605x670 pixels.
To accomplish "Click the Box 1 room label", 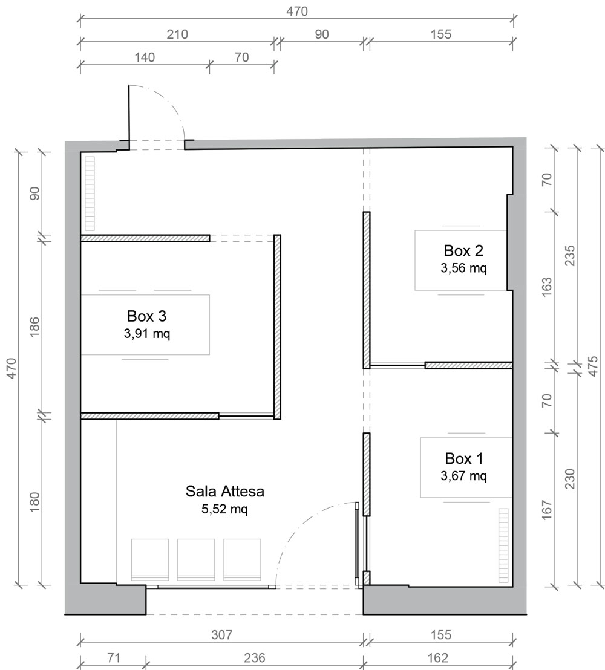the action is point(464,458).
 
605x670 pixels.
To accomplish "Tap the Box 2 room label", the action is point(463,250).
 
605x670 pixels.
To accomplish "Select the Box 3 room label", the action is point(146,316).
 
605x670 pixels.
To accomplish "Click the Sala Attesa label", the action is point(225,492).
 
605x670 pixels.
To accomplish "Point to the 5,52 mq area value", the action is point(225,509).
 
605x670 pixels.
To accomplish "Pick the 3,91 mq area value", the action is point(147,334).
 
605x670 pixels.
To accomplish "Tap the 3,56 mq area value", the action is point(464,268).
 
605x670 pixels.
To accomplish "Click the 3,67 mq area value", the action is point(464,475).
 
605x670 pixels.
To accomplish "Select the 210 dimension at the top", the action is point(177,34).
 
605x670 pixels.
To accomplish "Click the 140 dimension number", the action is point(145,57).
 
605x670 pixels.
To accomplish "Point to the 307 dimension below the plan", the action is point(222,635).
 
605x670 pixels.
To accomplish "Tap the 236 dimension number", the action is point(254,658).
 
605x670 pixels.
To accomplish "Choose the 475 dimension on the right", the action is point(594,366).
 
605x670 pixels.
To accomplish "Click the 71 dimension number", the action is point(113,658).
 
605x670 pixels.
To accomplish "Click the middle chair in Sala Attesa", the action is point(196,560).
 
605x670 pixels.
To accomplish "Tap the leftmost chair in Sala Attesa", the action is point(150,560).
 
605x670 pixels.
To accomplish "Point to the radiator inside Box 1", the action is point(503,545).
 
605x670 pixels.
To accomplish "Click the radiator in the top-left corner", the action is point(90,194).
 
